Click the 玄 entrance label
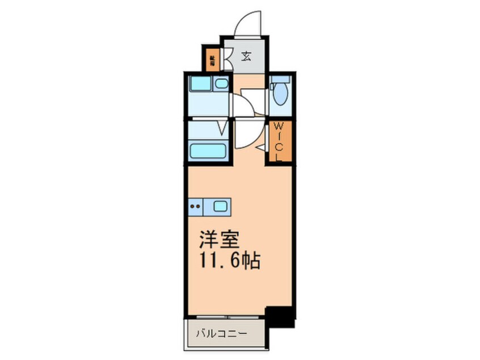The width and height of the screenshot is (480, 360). coord(247,56)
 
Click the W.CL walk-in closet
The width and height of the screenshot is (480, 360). coord(280,142)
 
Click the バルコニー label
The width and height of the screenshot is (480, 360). coord(222,333)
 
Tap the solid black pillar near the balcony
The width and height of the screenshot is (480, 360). coord(281,316)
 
